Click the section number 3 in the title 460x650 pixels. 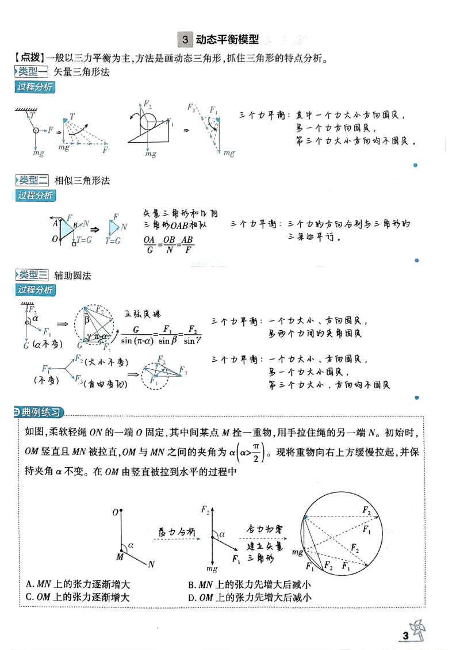185,40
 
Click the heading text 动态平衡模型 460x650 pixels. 227,40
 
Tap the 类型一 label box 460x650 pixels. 32,72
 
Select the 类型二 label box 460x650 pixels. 32,181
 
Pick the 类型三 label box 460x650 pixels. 32,276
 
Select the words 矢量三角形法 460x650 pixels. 82,72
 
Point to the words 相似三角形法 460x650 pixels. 82,181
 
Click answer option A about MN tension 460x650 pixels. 78,585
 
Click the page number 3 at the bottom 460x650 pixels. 405,636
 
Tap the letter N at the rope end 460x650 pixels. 151,564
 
